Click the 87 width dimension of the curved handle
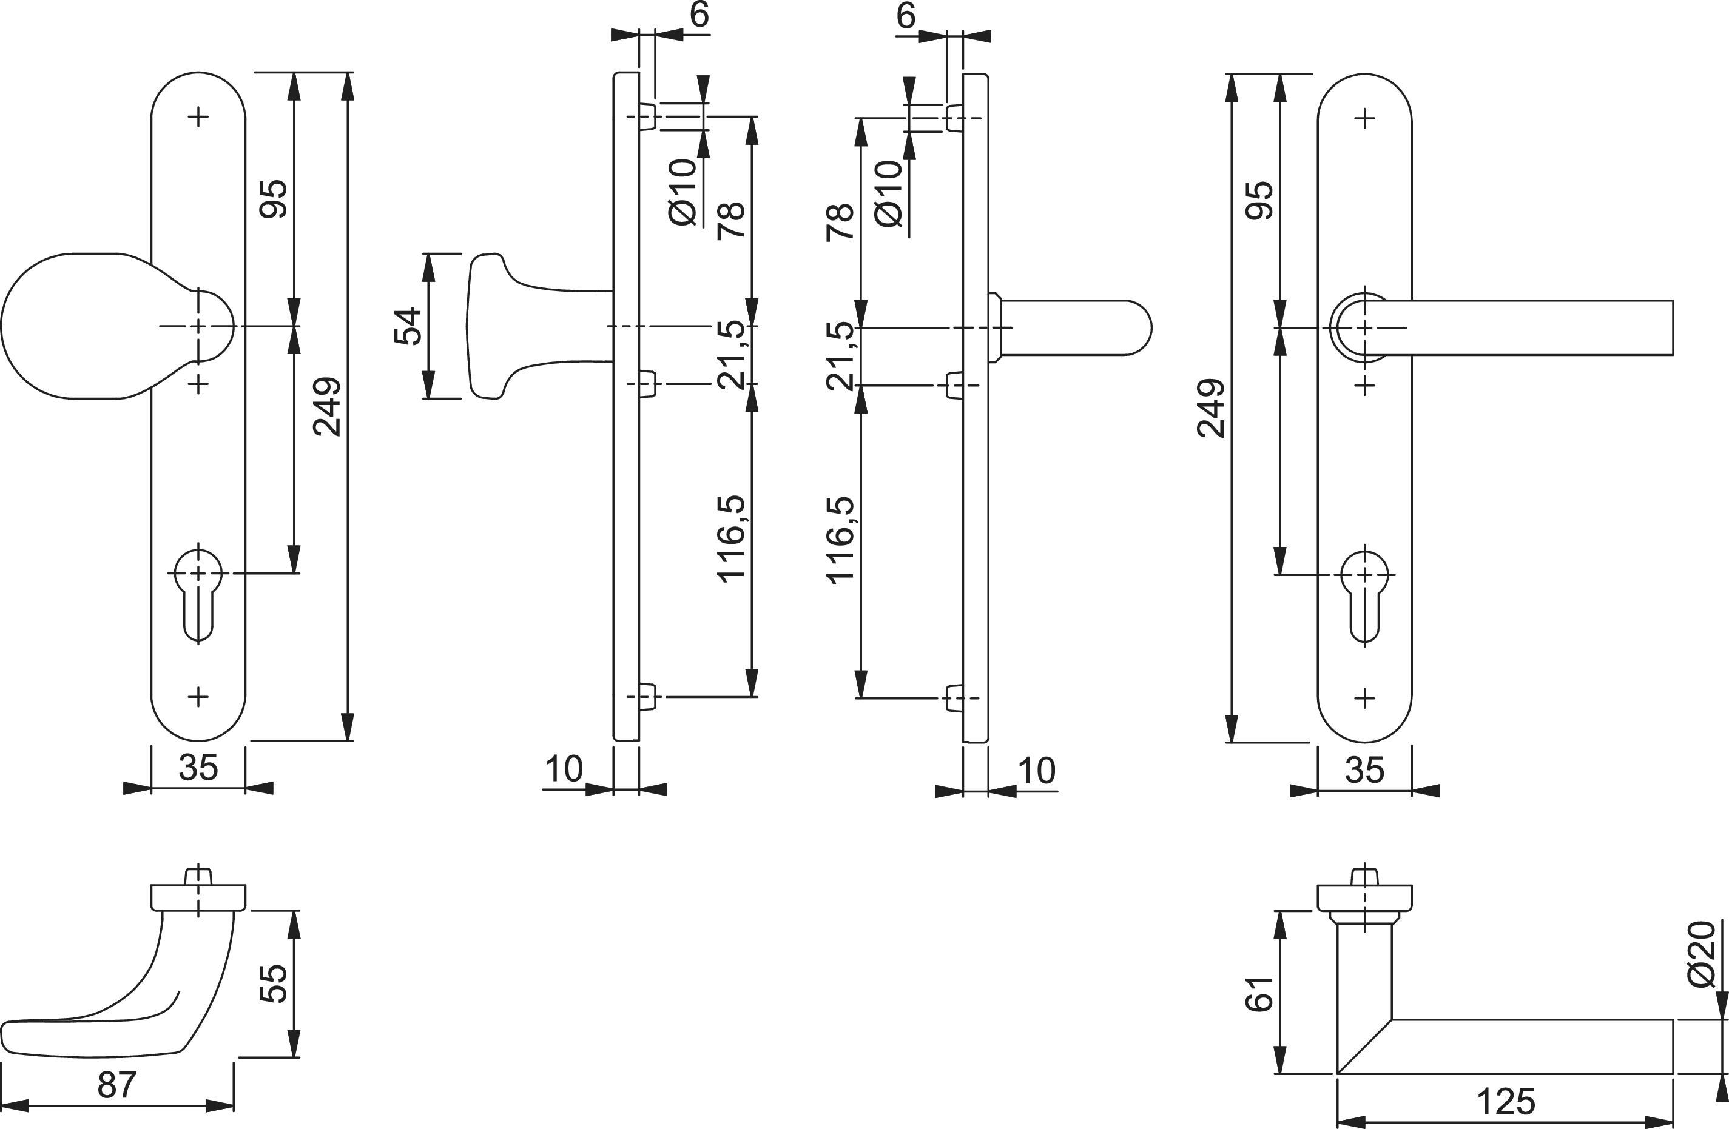pyautogui.click(x=117, y=1085)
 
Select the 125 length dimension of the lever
pyautogui.click(x=1506, y=1102)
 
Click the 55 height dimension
pyautogui.click(x=273, y=984)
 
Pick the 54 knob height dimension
pyautogui.click(x=408, y=326)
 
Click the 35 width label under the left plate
pyautogui.click(x=198, y=768)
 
